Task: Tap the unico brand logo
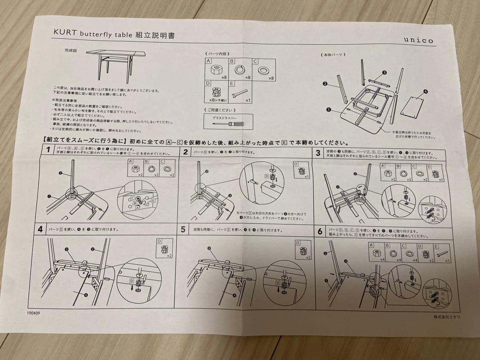[x=418, y=40]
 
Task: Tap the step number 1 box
[x=48, y=150]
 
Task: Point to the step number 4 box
[x=40, y=229]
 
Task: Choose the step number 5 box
[x=182, y=231]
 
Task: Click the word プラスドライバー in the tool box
[x=227, y=117]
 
